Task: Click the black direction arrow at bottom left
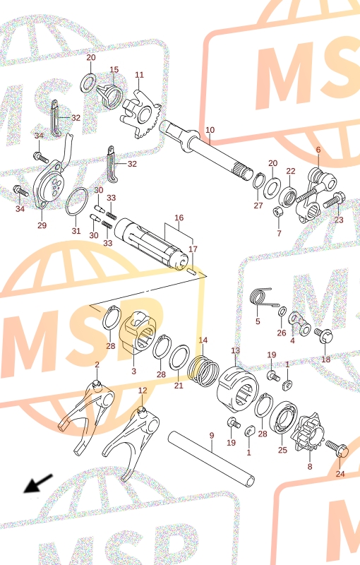pyautogui.click(x=38, y=484)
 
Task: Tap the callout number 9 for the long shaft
pyautogui.click(x=212, y=435)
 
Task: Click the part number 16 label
pyautogui.click(x=179, y=218)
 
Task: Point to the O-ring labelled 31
pyautogui.click(x=77, y=202)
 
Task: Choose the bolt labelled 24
pyautogui.click(x=337, y=448)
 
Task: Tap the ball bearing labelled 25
pyautogui.click(x=283, y=422)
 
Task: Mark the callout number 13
pyautogui.click(x=235, y=350)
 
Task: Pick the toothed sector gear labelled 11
pyautogui.click(x=141, y=114)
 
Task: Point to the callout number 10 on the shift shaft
pyautogui.click(x=210, y=130)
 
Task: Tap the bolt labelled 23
pyautogui.click(x=335, y=201)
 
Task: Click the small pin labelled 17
pyautogui.click(x=191, y=270)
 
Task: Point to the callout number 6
pyautogui.click(x=318, y=150)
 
